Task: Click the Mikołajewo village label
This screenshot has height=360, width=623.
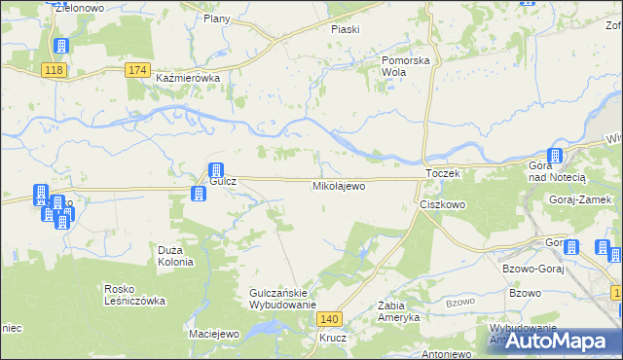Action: click(338, 185)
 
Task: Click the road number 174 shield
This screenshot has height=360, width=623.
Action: click(138, 69)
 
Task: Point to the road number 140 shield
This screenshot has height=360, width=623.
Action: click(331, 319)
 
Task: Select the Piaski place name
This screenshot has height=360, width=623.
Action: click(345, 29)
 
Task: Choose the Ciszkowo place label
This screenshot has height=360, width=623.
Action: click(443, 205)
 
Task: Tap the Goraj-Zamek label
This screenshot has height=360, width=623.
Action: click(579, 199)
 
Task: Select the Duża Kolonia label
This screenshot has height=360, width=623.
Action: click(176, 256)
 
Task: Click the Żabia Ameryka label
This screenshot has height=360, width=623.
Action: click(398, 311)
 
